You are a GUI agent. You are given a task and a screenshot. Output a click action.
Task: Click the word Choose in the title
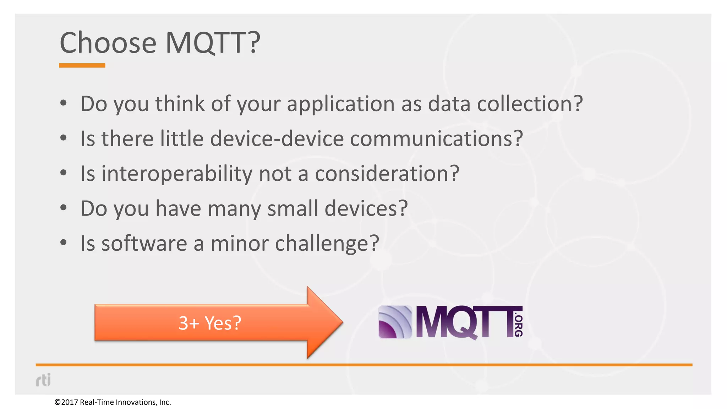[x=108, y=43]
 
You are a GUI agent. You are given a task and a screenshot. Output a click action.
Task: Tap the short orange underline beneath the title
[x=82, y=65]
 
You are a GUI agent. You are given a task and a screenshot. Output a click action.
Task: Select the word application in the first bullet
[x=340, y=104]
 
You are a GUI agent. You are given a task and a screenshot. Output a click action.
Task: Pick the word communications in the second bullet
[x=436, y=138]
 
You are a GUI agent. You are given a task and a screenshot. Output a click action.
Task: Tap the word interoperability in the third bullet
[x=177, y=174]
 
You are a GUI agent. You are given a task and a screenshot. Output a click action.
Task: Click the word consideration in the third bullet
[x=387, y=174]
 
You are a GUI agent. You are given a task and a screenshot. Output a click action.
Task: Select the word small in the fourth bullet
[x=293, y=208]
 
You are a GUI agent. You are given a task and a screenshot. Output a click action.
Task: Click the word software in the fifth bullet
[x=144, y=244]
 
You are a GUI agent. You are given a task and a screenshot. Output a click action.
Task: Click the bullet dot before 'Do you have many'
[x=64, y=207]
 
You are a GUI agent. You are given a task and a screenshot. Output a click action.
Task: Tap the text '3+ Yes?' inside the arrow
[x=210, y=323]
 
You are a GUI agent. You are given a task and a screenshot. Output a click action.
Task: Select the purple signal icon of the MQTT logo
[x=395, y=322]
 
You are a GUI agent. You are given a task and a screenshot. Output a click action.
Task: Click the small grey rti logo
[x=43, y=380]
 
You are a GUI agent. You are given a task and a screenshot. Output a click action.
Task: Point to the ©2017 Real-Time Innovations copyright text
[x=113, y=402]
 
